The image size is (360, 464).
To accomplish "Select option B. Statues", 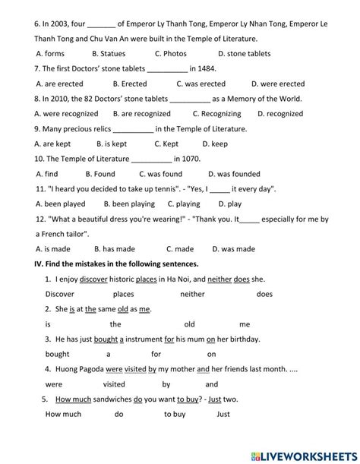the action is (x=108, y=54).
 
